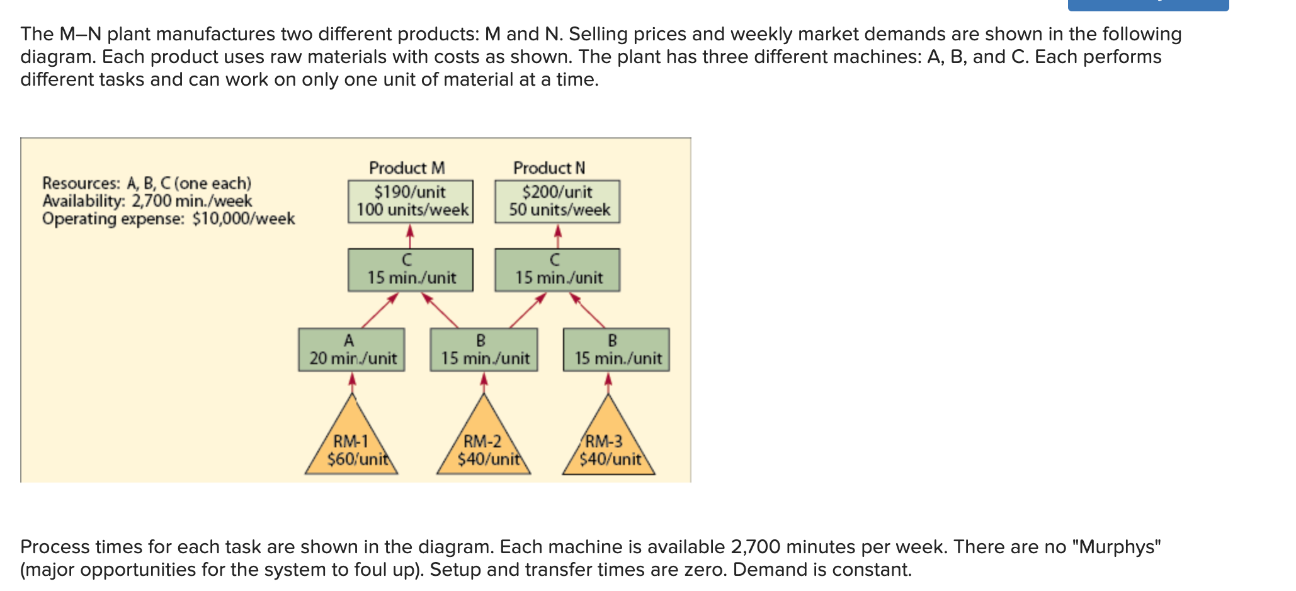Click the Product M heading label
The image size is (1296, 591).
pos(407,168)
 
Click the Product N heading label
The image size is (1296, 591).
pos(549,168)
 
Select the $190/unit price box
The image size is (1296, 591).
pos(411,202)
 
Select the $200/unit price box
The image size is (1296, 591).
pos(557,202)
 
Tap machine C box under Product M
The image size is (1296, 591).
pos(411,270)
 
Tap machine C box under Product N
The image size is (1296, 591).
pos(557,270)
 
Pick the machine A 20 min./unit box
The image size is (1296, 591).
pos(351,350)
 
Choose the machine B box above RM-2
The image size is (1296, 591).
pos(484,350)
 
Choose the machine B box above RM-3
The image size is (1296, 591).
pos(617,350)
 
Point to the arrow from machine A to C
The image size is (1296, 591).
pos(380,310)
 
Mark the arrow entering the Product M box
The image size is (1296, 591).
pos(410,236)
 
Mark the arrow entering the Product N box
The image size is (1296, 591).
pos(557,236)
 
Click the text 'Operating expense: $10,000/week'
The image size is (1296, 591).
pos(168,219)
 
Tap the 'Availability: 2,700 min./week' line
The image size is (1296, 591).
pos(147,201)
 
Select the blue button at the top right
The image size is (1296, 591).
pos(1148,5)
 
